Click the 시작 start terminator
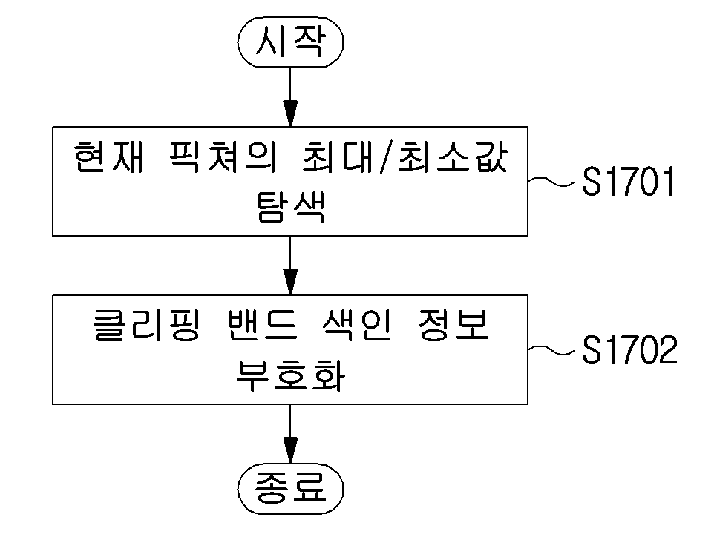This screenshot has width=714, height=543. (290, 42)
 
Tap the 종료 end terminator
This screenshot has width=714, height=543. (290, 489)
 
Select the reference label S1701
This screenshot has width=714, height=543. (629, 181)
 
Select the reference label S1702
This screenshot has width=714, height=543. (629, 349)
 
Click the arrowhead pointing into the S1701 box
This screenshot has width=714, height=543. (290, 113)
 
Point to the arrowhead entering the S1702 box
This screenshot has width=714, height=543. (290, 282)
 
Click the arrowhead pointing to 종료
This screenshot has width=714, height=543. (290, 450)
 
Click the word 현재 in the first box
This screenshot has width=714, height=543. (109, 157)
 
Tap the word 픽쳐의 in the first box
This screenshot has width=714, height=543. (223, 157)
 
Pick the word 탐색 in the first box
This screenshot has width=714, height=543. (290, 207)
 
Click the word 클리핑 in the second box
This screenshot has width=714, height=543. (147, 325)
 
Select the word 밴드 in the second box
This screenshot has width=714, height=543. (261, 325)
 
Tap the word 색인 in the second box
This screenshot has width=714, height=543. (356, 325)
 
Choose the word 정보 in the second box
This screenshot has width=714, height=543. (453, 325)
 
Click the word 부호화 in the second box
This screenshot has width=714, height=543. (290, 375)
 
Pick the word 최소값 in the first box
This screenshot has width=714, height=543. (452, 157)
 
